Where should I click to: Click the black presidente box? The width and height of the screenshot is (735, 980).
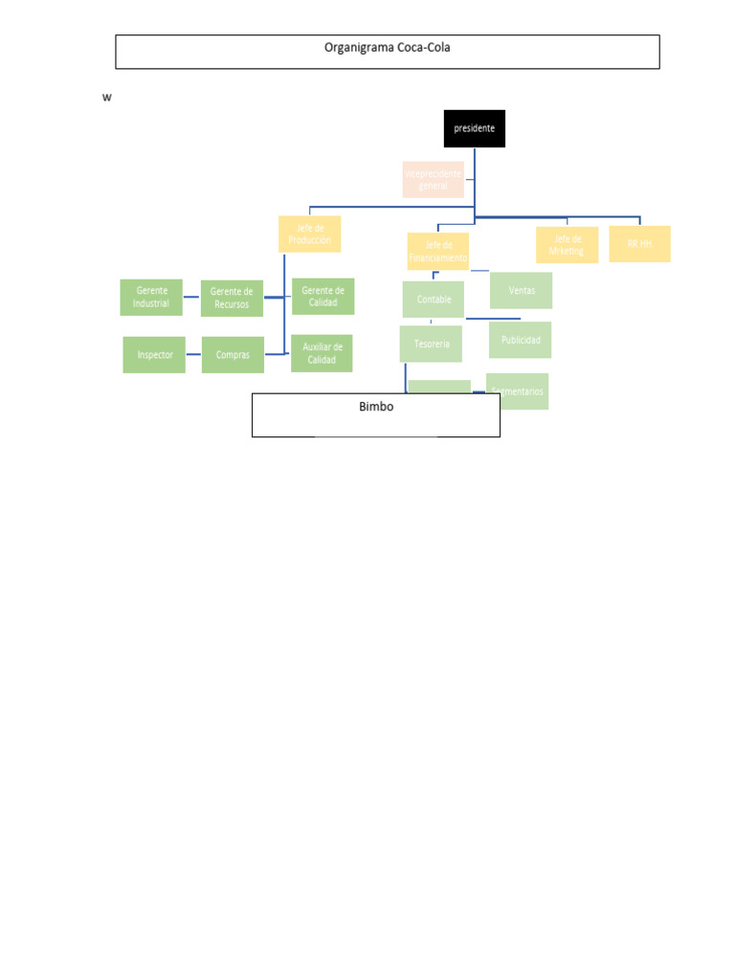474,128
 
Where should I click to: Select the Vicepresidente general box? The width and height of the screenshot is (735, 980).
434,180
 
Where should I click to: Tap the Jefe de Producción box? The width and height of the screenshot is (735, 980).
309,234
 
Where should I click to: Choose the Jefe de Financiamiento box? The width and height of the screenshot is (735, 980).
437,251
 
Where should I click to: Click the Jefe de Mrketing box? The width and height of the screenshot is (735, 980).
567,245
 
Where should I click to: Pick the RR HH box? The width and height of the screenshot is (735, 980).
639,244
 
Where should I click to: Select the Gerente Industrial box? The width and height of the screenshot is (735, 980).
151,297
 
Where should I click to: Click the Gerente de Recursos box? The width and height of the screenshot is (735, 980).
232,298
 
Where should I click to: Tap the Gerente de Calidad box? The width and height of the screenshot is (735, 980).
323,297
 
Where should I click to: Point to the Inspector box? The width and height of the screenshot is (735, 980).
154,354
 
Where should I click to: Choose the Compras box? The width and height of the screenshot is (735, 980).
233,354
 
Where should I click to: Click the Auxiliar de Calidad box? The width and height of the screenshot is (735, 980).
322,353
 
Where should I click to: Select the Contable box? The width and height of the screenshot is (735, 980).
434,299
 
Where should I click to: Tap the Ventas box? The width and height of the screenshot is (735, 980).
522,290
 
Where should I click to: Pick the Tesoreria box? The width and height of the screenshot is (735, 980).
431,344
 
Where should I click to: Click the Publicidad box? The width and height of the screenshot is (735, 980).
521,340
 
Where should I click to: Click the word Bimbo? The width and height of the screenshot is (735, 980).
376,407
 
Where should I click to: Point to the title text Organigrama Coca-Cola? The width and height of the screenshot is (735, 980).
387,48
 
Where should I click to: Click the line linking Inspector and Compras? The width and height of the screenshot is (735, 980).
193,355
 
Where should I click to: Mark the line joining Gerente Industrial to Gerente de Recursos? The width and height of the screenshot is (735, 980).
191,297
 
